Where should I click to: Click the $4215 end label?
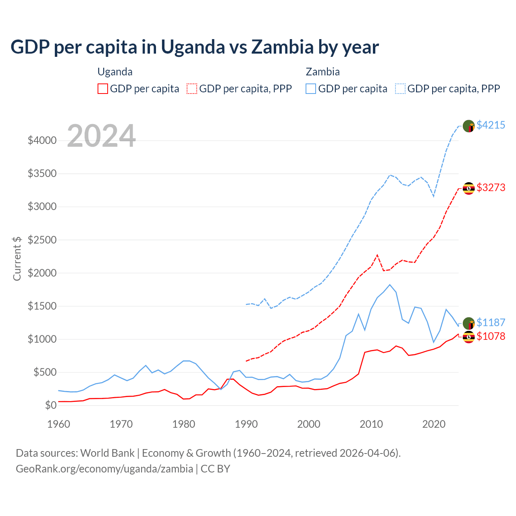click(x=491, y=125)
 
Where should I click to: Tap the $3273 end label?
click(x=491, y=187)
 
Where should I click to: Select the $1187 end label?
click(x=491, y=322)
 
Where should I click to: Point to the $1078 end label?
click(x=491, y=336)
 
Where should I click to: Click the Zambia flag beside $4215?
click(x=468, y=126)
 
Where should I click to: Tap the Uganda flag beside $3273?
click(x=468, y=188)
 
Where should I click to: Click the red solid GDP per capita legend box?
click(x=103, y=89)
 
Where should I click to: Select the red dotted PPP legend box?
click(x=192, y=89)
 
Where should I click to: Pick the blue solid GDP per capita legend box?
click(x=311, y=89)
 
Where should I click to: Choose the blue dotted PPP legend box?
click(x=400, y=89)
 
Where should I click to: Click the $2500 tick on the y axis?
click(x=42, y=240)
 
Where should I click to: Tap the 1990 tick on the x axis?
click(x=246, y=424)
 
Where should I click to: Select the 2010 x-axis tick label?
click(x=371, y=424)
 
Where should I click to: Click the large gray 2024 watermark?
click(x=101, y=136)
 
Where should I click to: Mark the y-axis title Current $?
click(x=17, y=258)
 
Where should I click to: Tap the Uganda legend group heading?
click(x=115, y=72)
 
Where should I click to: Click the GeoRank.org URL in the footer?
click(x=104, y=469)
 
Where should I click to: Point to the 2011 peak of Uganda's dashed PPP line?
click(x=377, y=255)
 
